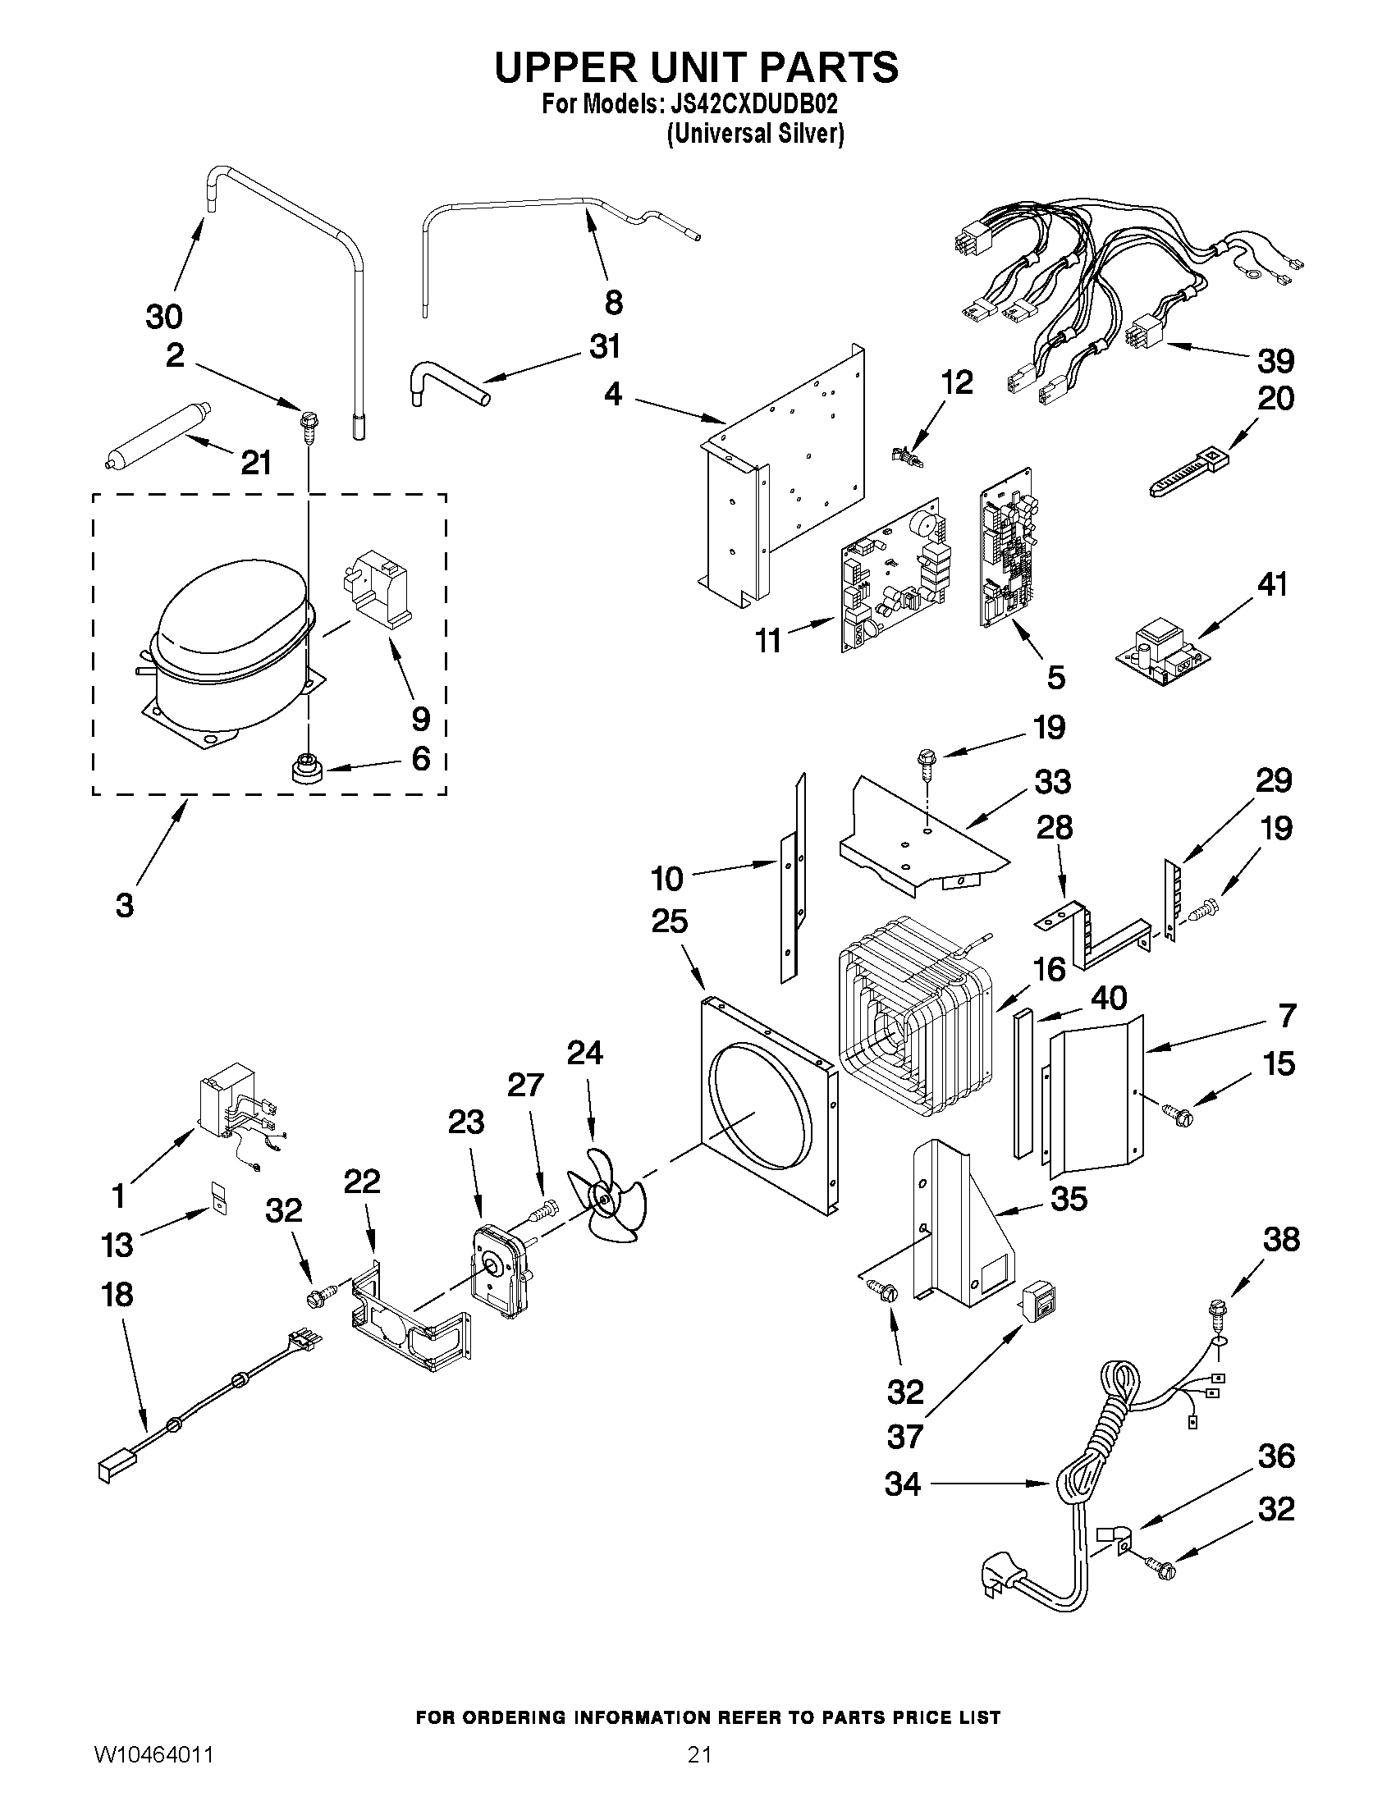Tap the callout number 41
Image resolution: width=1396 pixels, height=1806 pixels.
1272,585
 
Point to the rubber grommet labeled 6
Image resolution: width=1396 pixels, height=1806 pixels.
308,770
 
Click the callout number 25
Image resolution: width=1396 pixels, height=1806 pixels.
669,921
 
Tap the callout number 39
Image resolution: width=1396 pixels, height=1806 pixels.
1275,360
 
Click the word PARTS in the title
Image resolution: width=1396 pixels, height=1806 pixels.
830,68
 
